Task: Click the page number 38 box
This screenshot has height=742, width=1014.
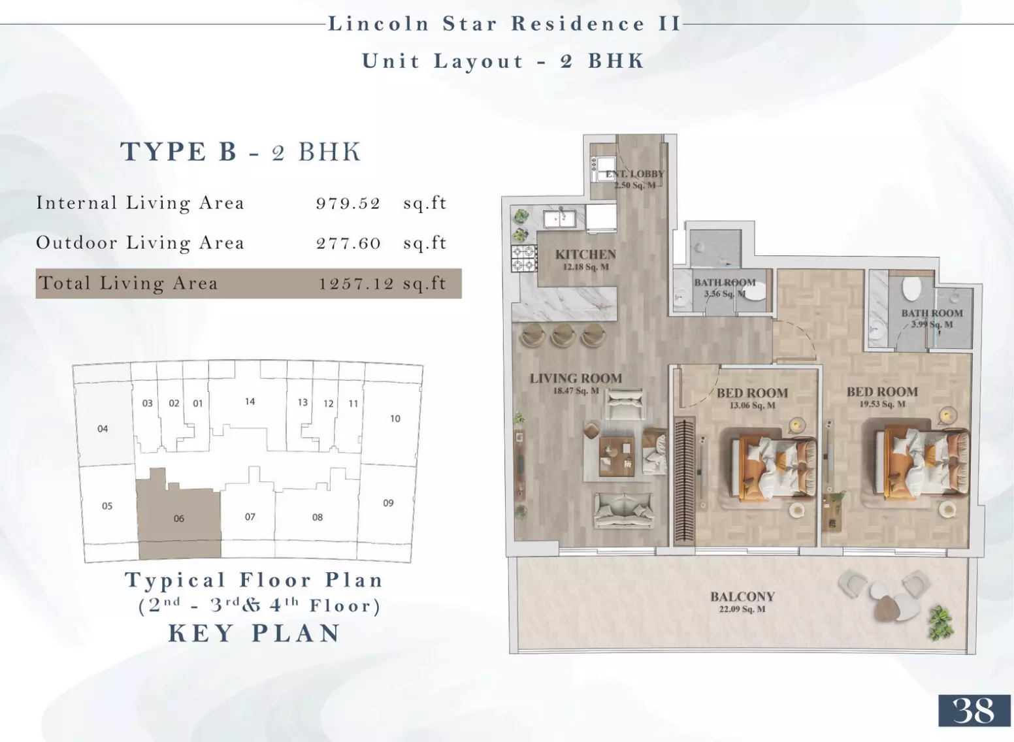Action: point(974,711)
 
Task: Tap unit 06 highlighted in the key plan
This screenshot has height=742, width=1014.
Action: point(179,518)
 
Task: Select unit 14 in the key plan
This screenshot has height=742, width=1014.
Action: point(250,401)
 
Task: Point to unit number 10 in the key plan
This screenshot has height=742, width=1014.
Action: point(395,419)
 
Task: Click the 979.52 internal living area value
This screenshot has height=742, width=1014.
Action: point(348,204)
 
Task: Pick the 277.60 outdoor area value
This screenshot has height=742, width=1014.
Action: point(348,244)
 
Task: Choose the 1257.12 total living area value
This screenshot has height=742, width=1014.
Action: point(356,283)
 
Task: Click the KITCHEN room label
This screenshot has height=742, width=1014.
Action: point(586,255)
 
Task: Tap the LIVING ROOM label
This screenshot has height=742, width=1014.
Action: point(576,378)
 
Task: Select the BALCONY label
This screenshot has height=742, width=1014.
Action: point(742,597)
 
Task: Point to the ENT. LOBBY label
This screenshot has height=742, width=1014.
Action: point(635,174)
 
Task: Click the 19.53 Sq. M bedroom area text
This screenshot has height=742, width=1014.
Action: point(882,404)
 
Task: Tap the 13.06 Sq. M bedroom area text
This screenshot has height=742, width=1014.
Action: point(753,406)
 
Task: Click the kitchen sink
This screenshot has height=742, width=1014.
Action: point(560,219)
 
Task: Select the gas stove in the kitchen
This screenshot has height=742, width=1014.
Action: point(524,259)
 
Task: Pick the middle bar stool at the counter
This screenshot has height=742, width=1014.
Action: point(564,335)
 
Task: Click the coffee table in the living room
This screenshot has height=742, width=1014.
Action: point(617,457)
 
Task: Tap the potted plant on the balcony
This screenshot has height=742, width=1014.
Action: point(941,624)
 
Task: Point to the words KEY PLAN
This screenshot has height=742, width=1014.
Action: point(254,633)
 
